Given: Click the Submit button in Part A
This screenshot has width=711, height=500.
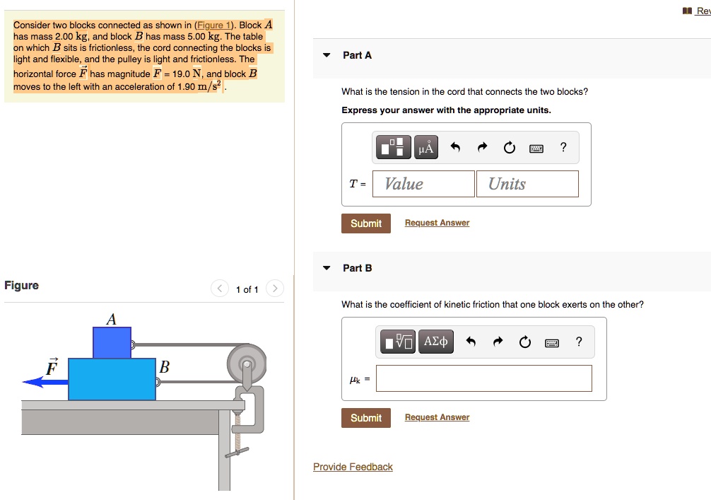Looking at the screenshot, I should point(365,223).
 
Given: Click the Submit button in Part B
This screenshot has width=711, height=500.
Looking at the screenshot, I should point(365,418).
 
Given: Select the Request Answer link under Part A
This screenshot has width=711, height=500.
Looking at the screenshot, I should point(437,223).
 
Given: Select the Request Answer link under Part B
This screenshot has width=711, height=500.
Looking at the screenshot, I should point(437,417).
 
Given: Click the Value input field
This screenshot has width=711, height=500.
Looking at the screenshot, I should point(423,184).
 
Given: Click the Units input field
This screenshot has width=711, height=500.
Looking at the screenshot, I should point(527,184).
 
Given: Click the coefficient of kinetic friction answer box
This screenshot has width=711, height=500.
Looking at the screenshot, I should point(483,378).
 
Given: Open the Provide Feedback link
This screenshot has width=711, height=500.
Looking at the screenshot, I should point(353,467).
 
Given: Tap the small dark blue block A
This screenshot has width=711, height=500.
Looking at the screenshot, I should point(112,342).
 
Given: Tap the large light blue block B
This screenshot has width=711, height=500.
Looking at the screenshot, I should point(112,379).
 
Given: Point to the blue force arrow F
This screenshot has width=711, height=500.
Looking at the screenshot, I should point(45,382).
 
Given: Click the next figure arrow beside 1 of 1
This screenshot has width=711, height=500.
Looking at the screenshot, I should point(275,289).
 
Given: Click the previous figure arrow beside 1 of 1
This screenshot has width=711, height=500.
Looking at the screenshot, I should point(220,289).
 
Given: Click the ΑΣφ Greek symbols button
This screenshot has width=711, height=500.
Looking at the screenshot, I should point(435,342).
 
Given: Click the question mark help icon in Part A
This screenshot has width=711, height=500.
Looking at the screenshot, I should point(563,147).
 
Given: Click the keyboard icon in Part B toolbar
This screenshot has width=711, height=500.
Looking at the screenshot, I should point(553,343).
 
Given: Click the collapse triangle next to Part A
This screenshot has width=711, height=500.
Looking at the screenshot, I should point(327,55).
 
